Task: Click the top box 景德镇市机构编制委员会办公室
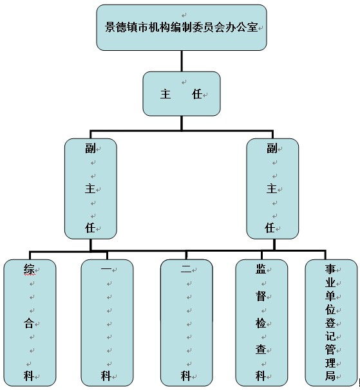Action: (x=182, y=28)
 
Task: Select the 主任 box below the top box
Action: (x=182, y=94)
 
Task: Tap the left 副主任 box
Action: (x=91, y=189)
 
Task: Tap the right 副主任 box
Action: (x=272, y=189)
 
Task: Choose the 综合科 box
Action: (x=30, y=323)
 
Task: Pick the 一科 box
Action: (x=107, y=323)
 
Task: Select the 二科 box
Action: (x=187, y=323)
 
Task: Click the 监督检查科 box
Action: (x=261, y=323)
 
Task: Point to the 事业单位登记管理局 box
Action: (x=331, y=323)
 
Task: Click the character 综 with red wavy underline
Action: (x=29, y=269)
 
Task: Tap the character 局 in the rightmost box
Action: (x=330, y=376)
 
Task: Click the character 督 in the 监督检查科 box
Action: (x=261, y=296)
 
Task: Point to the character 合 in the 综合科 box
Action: (x=29, y=323)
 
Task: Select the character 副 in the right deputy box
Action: (x=272, y=148)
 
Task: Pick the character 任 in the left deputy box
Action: (x=90, y=228)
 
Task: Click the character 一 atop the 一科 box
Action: (x=106, y=269)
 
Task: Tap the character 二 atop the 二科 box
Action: (x=186, y=269)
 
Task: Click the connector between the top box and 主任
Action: (x=182, y=61)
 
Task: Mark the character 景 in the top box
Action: (x=110, y=27)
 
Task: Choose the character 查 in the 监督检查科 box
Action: (x=261, y=349)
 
